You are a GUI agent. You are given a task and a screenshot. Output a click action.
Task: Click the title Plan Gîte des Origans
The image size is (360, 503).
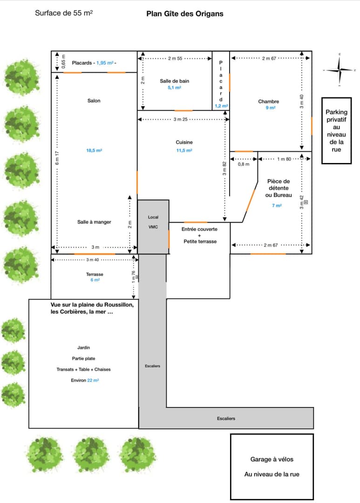[185, 14]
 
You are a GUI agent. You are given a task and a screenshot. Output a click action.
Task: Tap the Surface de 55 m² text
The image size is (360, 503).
[64, 13]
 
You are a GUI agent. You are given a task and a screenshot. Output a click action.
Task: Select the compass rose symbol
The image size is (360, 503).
[340, 69]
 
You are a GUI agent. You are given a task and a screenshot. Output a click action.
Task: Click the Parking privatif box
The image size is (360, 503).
[336, 130]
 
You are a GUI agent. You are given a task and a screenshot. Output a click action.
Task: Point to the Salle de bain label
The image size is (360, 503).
[175, 81]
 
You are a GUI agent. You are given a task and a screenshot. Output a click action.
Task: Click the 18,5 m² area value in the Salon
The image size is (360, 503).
[94, 150]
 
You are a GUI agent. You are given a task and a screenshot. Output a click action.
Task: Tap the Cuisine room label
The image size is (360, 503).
[184, 142]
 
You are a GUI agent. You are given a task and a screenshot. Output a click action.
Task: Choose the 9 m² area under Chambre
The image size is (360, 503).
[271, 108]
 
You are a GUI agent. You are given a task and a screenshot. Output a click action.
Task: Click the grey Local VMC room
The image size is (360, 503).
[153, 227]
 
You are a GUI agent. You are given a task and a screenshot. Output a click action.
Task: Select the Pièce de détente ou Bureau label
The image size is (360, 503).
[278, 188]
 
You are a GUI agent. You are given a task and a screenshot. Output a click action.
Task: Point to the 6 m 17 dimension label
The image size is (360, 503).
[57, 158]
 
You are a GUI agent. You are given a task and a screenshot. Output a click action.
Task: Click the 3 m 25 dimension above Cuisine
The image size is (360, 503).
[180, 119]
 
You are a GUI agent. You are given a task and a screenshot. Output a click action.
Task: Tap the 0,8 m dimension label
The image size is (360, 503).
[244, 164]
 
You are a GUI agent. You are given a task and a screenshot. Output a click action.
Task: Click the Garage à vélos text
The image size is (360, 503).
[272, 459]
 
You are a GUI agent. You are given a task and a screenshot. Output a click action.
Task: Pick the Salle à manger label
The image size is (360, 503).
[94, 222]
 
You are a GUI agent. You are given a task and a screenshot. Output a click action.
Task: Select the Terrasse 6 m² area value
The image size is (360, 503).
[95, 280]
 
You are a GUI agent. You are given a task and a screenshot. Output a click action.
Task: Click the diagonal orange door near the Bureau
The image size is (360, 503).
[250, 200]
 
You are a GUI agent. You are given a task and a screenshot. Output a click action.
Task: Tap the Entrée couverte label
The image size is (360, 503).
[199, 229]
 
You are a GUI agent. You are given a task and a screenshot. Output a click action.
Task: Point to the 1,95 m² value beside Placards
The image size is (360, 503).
[105, 63]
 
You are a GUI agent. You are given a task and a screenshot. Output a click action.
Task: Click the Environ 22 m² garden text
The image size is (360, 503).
[85, 381]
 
